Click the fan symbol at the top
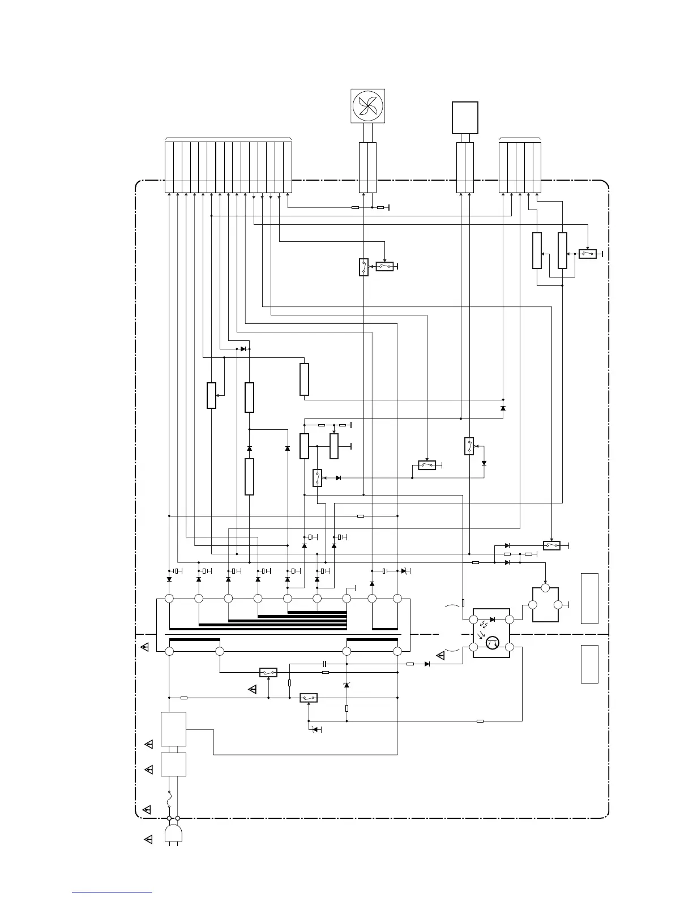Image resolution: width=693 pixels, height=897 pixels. coord(368,106)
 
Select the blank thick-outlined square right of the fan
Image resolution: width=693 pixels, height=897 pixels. coord(465,118)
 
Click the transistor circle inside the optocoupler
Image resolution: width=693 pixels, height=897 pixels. coord(492,643)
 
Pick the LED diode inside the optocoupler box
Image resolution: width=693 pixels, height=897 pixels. coord(492,620)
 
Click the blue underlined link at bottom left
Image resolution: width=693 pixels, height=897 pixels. coord(112,892)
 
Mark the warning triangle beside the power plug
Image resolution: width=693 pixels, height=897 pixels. coord(148,840)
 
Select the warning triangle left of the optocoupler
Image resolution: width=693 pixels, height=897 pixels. coord(441,656)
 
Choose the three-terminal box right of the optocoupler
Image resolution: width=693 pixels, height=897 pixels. coord(545,605)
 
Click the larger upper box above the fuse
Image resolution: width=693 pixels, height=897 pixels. coord(174,729)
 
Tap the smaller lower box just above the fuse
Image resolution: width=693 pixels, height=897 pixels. coord(174,764)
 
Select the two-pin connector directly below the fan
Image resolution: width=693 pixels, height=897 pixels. coord(368,168)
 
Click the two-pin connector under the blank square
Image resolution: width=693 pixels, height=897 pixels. coord(465,168)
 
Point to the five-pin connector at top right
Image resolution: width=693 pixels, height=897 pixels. coord(520,168)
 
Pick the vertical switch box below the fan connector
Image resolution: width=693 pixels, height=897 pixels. coord(364,267)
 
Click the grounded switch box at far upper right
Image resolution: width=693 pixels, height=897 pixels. coord(588,254)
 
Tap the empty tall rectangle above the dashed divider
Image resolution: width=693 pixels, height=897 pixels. coord(589,598)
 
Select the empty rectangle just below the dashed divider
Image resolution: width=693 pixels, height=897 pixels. coord(589,664)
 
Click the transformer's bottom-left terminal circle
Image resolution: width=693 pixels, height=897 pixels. coord(169,651)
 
